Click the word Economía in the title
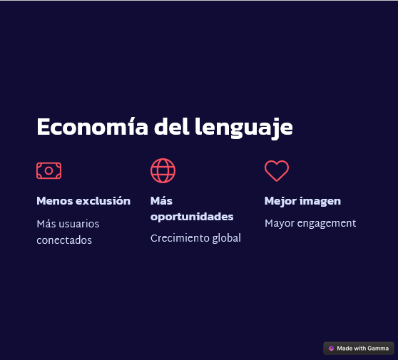click(x=93, y=126)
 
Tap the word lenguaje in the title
click(x=244, y=128)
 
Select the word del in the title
click(x=172, y=126)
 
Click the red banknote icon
click(x=49, y=171)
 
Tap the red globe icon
click(x=163, y=171)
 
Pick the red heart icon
click(x=277, y=171)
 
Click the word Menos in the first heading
click(x=55, y=201)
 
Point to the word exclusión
click(x=103, y=201)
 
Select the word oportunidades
click(x=192, y=217)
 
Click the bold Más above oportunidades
click(x=161, y=201)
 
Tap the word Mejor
click(x=280, y=202)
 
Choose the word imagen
click(x=320, y=202)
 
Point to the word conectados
click(x=64, y=240)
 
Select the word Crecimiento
click(x=180, y=238)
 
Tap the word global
click(x=226, y=239)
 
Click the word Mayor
click(x=280, y=224)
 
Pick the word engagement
click(x=327, y=224)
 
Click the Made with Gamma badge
click(x=359, y=349)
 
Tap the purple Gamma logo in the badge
click(x=331, y=349)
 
